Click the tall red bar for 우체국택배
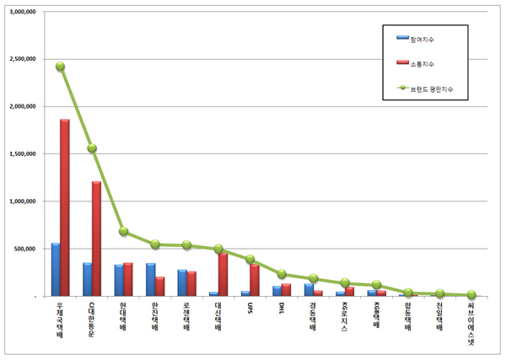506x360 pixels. [x=64, y=207]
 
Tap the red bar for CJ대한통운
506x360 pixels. [x=96, y=239]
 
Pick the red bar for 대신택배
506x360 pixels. [x=223, y=274]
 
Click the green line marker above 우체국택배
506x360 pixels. [x=60, y=67]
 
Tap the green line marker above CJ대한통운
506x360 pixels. [x=92, y=148]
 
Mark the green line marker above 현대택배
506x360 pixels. [x=123, y=231]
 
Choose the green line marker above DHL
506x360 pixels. [x=281, y=274]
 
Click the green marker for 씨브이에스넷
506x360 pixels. [x=471, y=295]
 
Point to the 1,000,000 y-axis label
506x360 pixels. [x=23, y=202]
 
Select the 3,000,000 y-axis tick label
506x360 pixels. [x=23, y=13]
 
